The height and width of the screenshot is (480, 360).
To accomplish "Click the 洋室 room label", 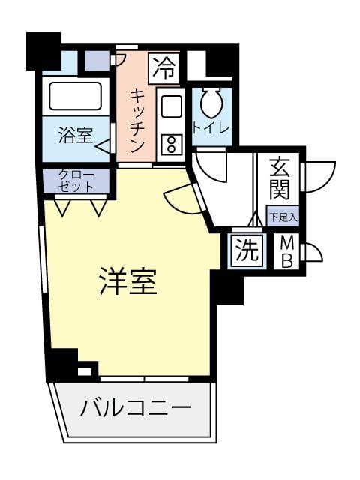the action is point(128,281).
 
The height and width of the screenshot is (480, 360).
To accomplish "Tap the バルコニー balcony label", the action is point(136,408).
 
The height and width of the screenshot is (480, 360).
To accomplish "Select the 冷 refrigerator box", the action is point(163,68).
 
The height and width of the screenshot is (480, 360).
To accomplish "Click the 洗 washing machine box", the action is point(247,251).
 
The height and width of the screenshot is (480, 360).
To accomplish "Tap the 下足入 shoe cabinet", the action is point(283,217).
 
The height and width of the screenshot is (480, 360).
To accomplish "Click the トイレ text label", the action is point(211,128).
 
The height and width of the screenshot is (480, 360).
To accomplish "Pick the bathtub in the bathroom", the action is point(75,96).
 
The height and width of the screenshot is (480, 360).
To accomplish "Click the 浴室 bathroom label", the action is point(76,135).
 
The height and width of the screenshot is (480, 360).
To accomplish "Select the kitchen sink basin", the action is point(172,106).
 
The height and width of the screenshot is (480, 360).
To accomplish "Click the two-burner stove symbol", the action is point(172,144).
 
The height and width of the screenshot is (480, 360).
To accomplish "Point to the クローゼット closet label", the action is point(76,181).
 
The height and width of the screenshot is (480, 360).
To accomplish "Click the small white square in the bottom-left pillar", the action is point(85,372).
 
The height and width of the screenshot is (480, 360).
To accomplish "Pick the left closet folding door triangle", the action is point(62,208).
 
